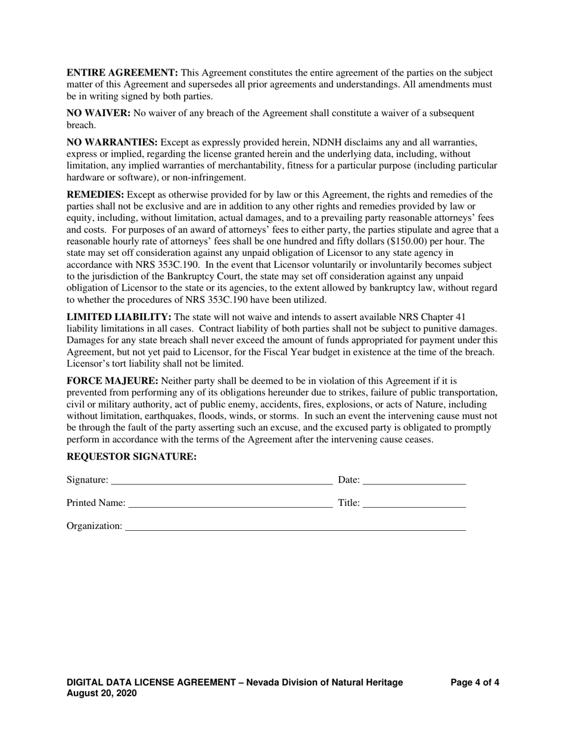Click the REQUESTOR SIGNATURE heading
131,456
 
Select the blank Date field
414,480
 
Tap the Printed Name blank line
230,503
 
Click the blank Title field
414,503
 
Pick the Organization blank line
295,526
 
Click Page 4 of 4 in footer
475,683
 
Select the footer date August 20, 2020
101,694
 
